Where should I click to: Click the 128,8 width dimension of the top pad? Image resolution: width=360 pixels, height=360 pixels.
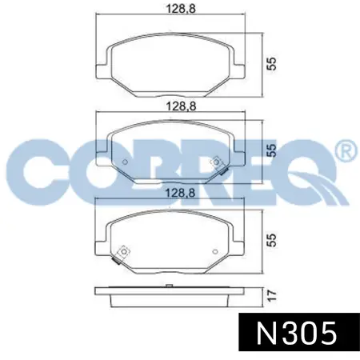click(x=181, y=8)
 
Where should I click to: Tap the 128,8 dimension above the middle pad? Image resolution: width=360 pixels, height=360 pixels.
click(x=181, y=106)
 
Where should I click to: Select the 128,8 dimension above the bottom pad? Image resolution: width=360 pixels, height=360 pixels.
click(x=181, y=193)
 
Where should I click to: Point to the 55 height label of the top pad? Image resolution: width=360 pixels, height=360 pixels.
click(x=272, y=63)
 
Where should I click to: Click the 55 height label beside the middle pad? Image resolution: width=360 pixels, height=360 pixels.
click(x=272, y=150)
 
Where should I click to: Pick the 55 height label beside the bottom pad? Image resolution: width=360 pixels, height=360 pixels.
click(x=272, y=240)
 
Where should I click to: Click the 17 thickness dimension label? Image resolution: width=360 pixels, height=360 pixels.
click(x=272, y=296)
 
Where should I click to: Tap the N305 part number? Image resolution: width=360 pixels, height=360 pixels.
click(x=296, y=333)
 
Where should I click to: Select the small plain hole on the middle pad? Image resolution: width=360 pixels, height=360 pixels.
click(x=125, y=162)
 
